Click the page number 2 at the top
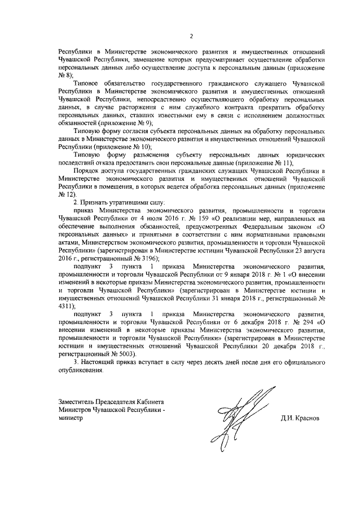click(x=191, y=37)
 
